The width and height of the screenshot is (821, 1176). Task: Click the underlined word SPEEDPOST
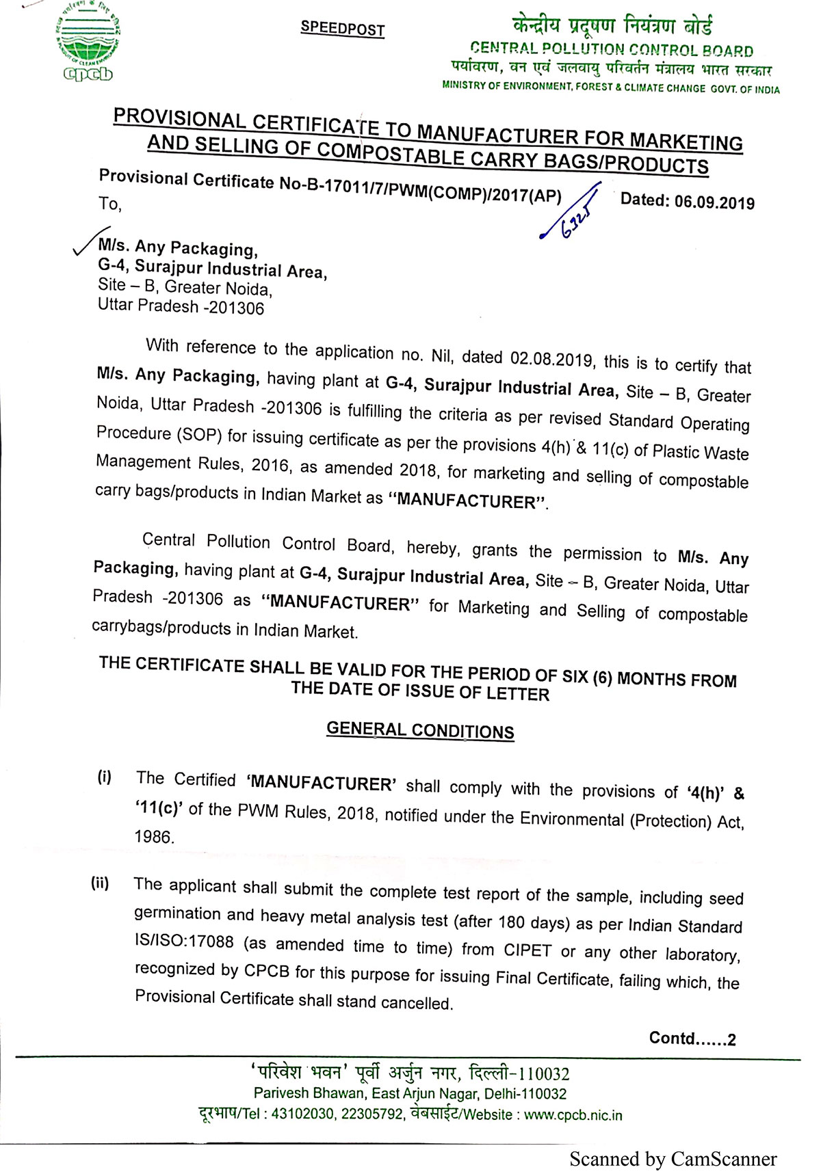click(342, 29)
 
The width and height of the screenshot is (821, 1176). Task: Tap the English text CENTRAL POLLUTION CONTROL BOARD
click(612, 50)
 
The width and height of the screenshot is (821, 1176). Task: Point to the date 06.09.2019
click(714, 202)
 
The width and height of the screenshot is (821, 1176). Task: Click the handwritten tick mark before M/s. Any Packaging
click(90, 243)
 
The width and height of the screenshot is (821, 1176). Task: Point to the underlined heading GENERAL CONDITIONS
click(420, 730)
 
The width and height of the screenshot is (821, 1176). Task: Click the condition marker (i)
click(104, 777)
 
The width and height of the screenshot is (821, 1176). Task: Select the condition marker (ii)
click(100, 883)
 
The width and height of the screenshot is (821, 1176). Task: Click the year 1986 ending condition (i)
click(154, 837)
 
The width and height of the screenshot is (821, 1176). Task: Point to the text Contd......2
click(692, 1039)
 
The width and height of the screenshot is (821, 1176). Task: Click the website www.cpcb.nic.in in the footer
click(573, 1115)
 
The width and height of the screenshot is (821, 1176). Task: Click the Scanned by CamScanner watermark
click(673, 1160)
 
